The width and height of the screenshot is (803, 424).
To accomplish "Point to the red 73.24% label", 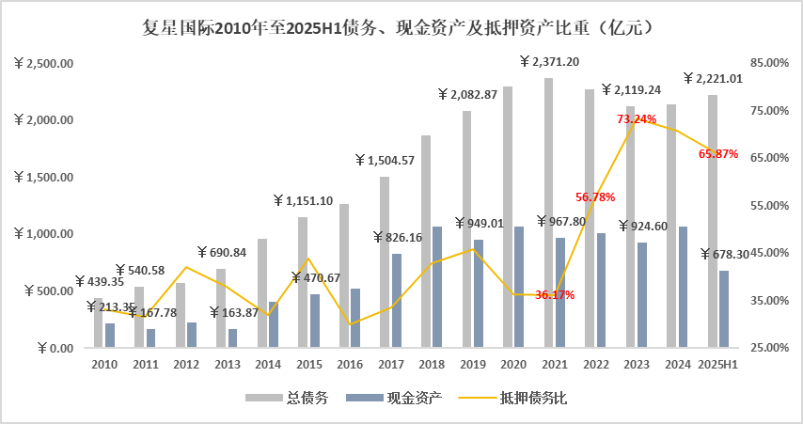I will (x=637, y=119).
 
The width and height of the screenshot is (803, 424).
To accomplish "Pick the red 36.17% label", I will (x=555, y=295).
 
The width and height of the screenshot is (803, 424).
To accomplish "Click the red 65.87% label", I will (x=718, y=153).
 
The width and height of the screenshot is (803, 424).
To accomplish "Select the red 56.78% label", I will (x=595, y=197).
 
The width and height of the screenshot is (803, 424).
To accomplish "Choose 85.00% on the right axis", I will (x=764, y=63).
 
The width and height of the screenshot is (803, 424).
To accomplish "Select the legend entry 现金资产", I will (x=410, y=399).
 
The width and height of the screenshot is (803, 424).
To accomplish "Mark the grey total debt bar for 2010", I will (x=99, y=322).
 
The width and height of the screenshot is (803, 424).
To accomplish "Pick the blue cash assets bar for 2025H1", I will (x=724, y=309).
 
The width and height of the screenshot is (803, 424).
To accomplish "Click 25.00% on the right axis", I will (x=764, y=348).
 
